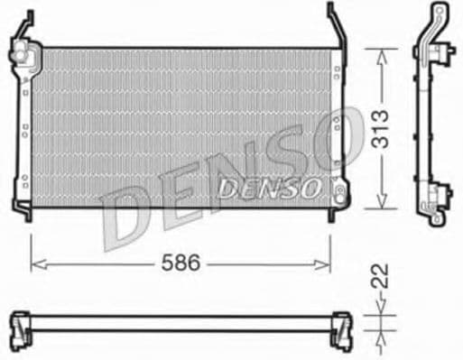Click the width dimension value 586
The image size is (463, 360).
tap(181, 263)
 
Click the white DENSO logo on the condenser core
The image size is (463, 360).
tap(269, 187)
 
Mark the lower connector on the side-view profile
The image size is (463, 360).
tap(437, 194)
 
